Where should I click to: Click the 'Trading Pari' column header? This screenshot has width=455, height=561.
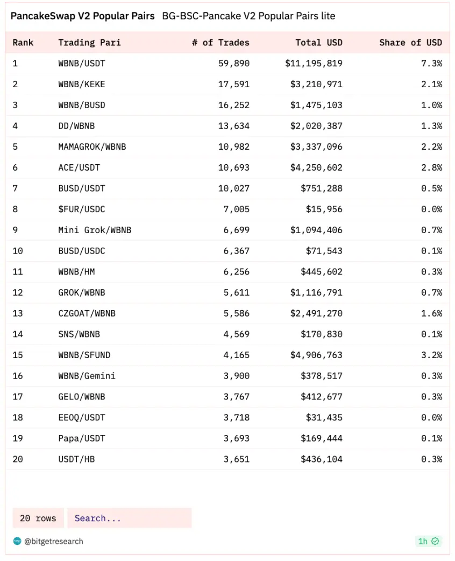click(x=89, y=43)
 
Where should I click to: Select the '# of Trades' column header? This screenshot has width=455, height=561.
click(x=221, y=43)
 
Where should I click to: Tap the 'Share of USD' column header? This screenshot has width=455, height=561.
click(x=410, y=43)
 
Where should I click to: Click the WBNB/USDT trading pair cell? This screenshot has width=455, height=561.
click(x=82, y=64)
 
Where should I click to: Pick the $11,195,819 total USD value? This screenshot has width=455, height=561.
click(x=314, y=64)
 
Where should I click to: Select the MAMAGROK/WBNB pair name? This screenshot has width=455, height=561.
click(x=92, y=146)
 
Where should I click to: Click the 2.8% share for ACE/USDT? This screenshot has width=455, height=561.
click(x=431, y=167)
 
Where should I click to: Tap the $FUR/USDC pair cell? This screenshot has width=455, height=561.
click(x=82, y=209)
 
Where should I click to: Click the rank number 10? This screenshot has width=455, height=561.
click(x=18, y=251)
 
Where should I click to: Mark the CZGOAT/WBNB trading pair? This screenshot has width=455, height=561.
click(x=87, y=313)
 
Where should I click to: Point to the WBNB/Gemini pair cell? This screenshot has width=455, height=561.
click(x=87, y=376)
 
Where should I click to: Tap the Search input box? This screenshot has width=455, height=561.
click(x=129, y=518)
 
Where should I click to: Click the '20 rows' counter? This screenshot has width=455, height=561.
click(x=38, y=518)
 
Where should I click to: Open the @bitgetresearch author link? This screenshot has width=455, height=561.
click(x=54, y=541)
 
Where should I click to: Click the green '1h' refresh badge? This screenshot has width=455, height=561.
click(x=428, y=541)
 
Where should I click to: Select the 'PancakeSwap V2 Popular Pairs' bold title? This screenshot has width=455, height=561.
click(x=82, y=16)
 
